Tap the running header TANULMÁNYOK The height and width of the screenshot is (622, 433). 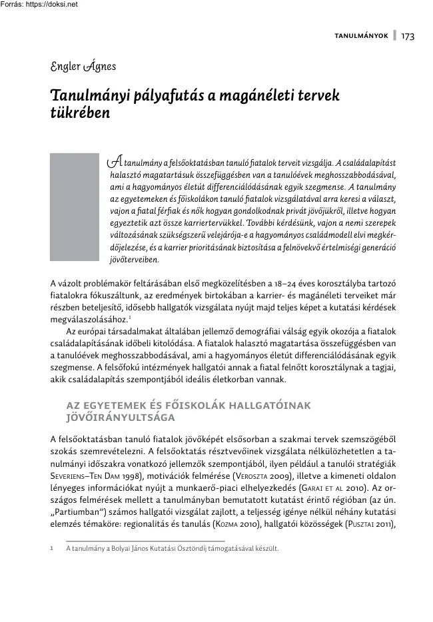(x=361, y=36)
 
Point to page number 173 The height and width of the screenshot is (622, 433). (x=408, y=36)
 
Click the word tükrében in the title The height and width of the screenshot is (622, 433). (x=80, y=113)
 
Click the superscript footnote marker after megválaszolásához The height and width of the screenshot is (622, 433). (x=130, y=315)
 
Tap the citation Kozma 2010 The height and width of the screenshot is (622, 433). (x=257, y=524)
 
